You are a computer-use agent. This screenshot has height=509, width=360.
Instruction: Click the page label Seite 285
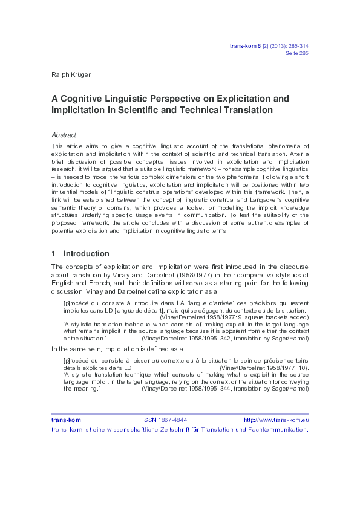coord(296,53)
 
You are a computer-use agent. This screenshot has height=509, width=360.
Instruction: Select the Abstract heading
coord(64,135)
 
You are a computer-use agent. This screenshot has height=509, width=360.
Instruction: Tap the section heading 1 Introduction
coord(80,253)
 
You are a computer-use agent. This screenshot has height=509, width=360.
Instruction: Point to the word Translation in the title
coord(233,110)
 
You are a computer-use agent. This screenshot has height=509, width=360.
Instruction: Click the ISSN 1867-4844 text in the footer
coord(165,420)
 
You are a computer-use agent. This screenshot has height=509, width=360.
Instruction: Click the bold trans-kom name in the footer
coord(66,420)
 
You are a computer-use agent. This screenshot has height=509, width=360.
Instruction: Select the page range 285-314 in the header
coord(296,45)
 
